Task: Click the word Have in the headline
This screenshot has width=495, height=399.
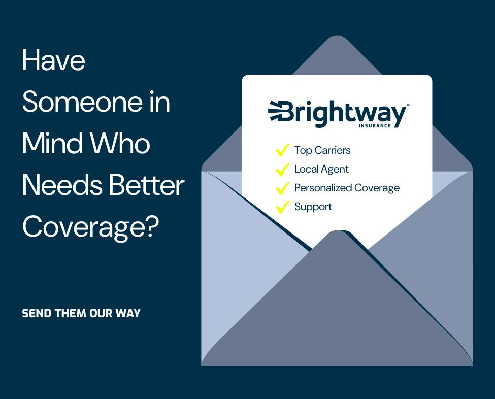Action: click(x=54, y=60)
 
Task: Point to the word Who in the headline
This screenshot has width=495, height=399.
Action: click(x=120, y=143)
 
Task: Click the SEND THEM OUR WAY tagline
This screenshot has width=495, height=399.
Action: click(x=81, y=313)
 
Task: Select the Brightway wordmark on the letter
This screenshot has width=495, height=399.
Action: click(x=343, y=114)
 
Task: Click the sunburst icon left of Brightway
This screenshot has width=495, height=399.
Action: click(x=274, y=111)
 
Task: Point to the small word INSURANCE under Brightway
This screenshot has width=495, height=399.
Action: click(x=375, y=125)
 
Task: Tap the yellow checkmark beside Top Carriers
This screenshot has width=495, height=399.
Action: click(x=282, y=150)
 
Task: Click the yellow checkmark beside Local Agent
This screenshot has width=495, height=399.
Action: click(x=282, y=169)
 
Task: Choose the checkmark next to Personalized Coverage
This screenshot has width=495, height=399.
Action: click(x=282, y=188)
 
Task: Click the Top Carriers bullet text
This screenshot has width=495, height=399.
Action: click(x=322, y=150)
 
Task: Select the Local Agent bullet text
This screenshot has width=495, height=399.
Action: click(x=321, y=169)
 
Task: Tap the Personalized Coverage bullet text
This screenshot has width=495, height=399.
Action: click(x=347, y=188)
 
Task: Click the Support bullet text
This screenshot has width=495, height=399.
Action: click(x=313, y=207)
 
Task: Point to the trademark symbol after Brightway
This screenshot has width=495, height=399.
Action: click(x=409, y=105)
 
